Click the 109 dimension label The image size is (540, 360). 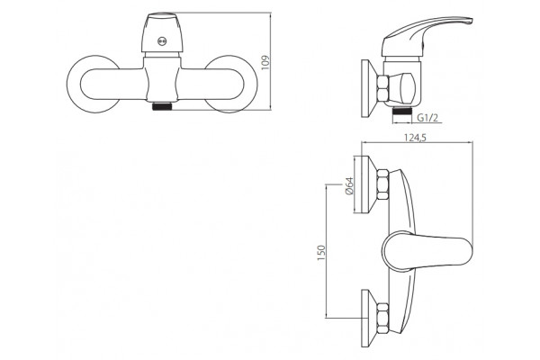265,62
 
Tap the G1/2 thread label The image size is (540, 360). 427,118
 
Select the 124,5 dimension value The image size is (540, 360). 415,138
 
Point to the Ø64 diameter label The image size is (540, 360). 348,186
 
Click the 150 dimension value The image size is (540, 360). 321,253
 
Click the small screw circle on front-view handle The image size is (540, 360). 162,41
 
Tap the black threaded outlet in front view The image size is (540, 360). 162,106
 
